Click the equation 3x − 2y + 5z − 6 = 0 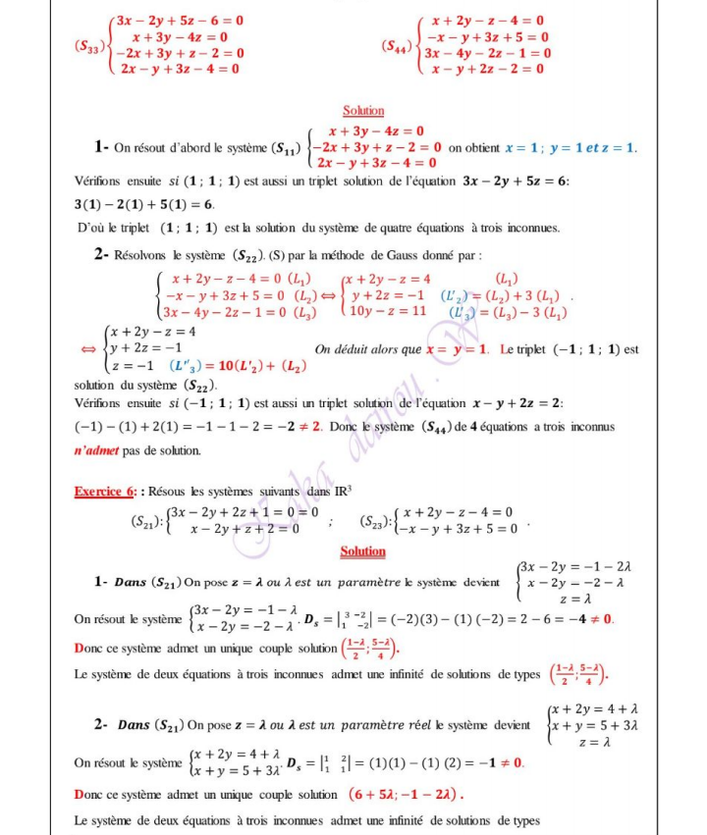(x=179, y=20)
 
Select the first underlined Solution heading (x=362, y=111)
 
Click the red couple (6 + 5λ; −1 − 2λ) (x=403, y=793)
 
